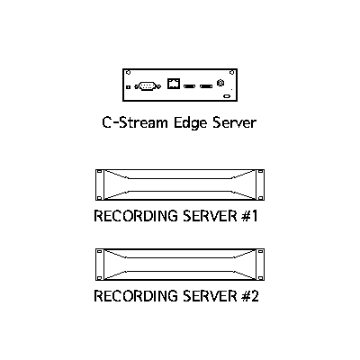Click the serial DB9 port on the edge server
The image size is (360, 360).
(148, 86)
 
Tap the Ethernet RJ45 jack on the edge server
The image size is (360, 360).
(174, 84)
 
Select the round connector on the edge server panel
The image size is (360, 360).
(220, 83)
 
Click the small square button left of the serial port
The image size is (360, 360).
(128, 87)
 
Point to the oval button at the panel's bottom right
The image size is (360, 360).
(227, 96)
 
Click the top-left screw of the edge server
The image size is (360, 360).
(128, 73)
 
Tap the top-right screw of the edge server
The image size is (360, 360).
(231, 73)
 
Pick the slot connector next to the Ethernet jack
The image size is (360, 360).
(189, 86)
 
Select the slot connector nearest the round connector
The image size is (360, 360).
(206, 86)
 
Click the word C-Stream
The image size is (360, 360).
(135, 122)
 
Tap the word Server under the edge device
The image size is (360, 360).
(235, 122)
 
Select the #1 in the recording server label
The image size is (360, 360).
(249, 216)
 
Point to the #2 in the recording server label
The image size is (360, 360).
(250, 296)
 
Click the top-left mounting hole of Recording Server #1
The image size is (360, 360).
(100, 172)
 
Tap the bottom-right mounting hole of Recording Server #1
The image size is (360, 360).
(260, 198)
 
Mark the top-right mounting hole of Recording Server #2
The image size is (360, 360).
(260, 251)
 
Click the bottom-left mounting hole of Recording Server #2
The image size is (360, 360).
(100, 277)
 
